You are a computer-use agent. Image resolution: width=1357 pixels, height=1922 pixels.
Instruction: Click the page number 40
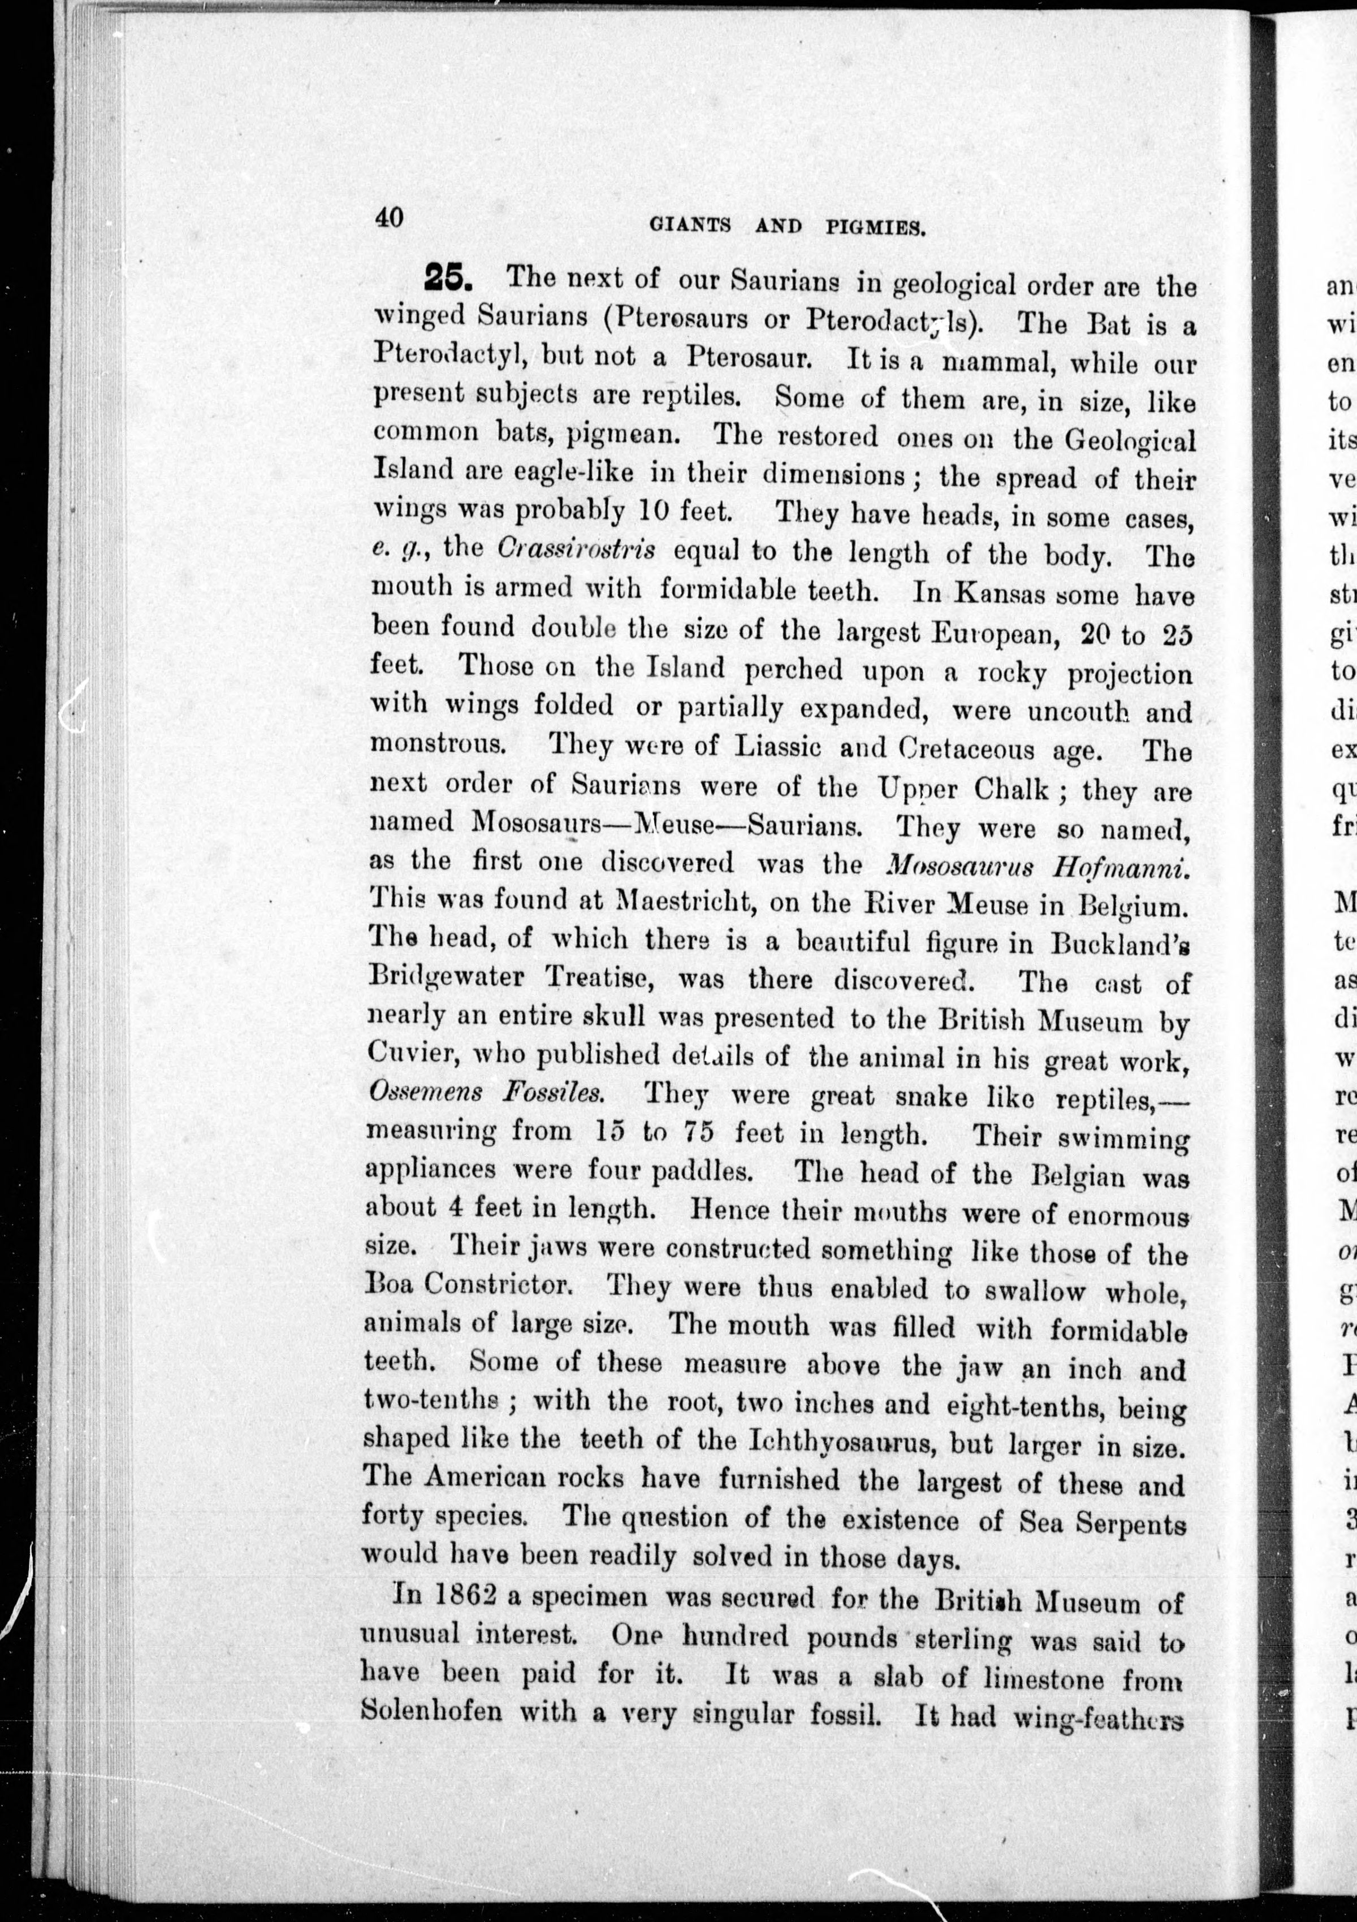click(x=389, y=218)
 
